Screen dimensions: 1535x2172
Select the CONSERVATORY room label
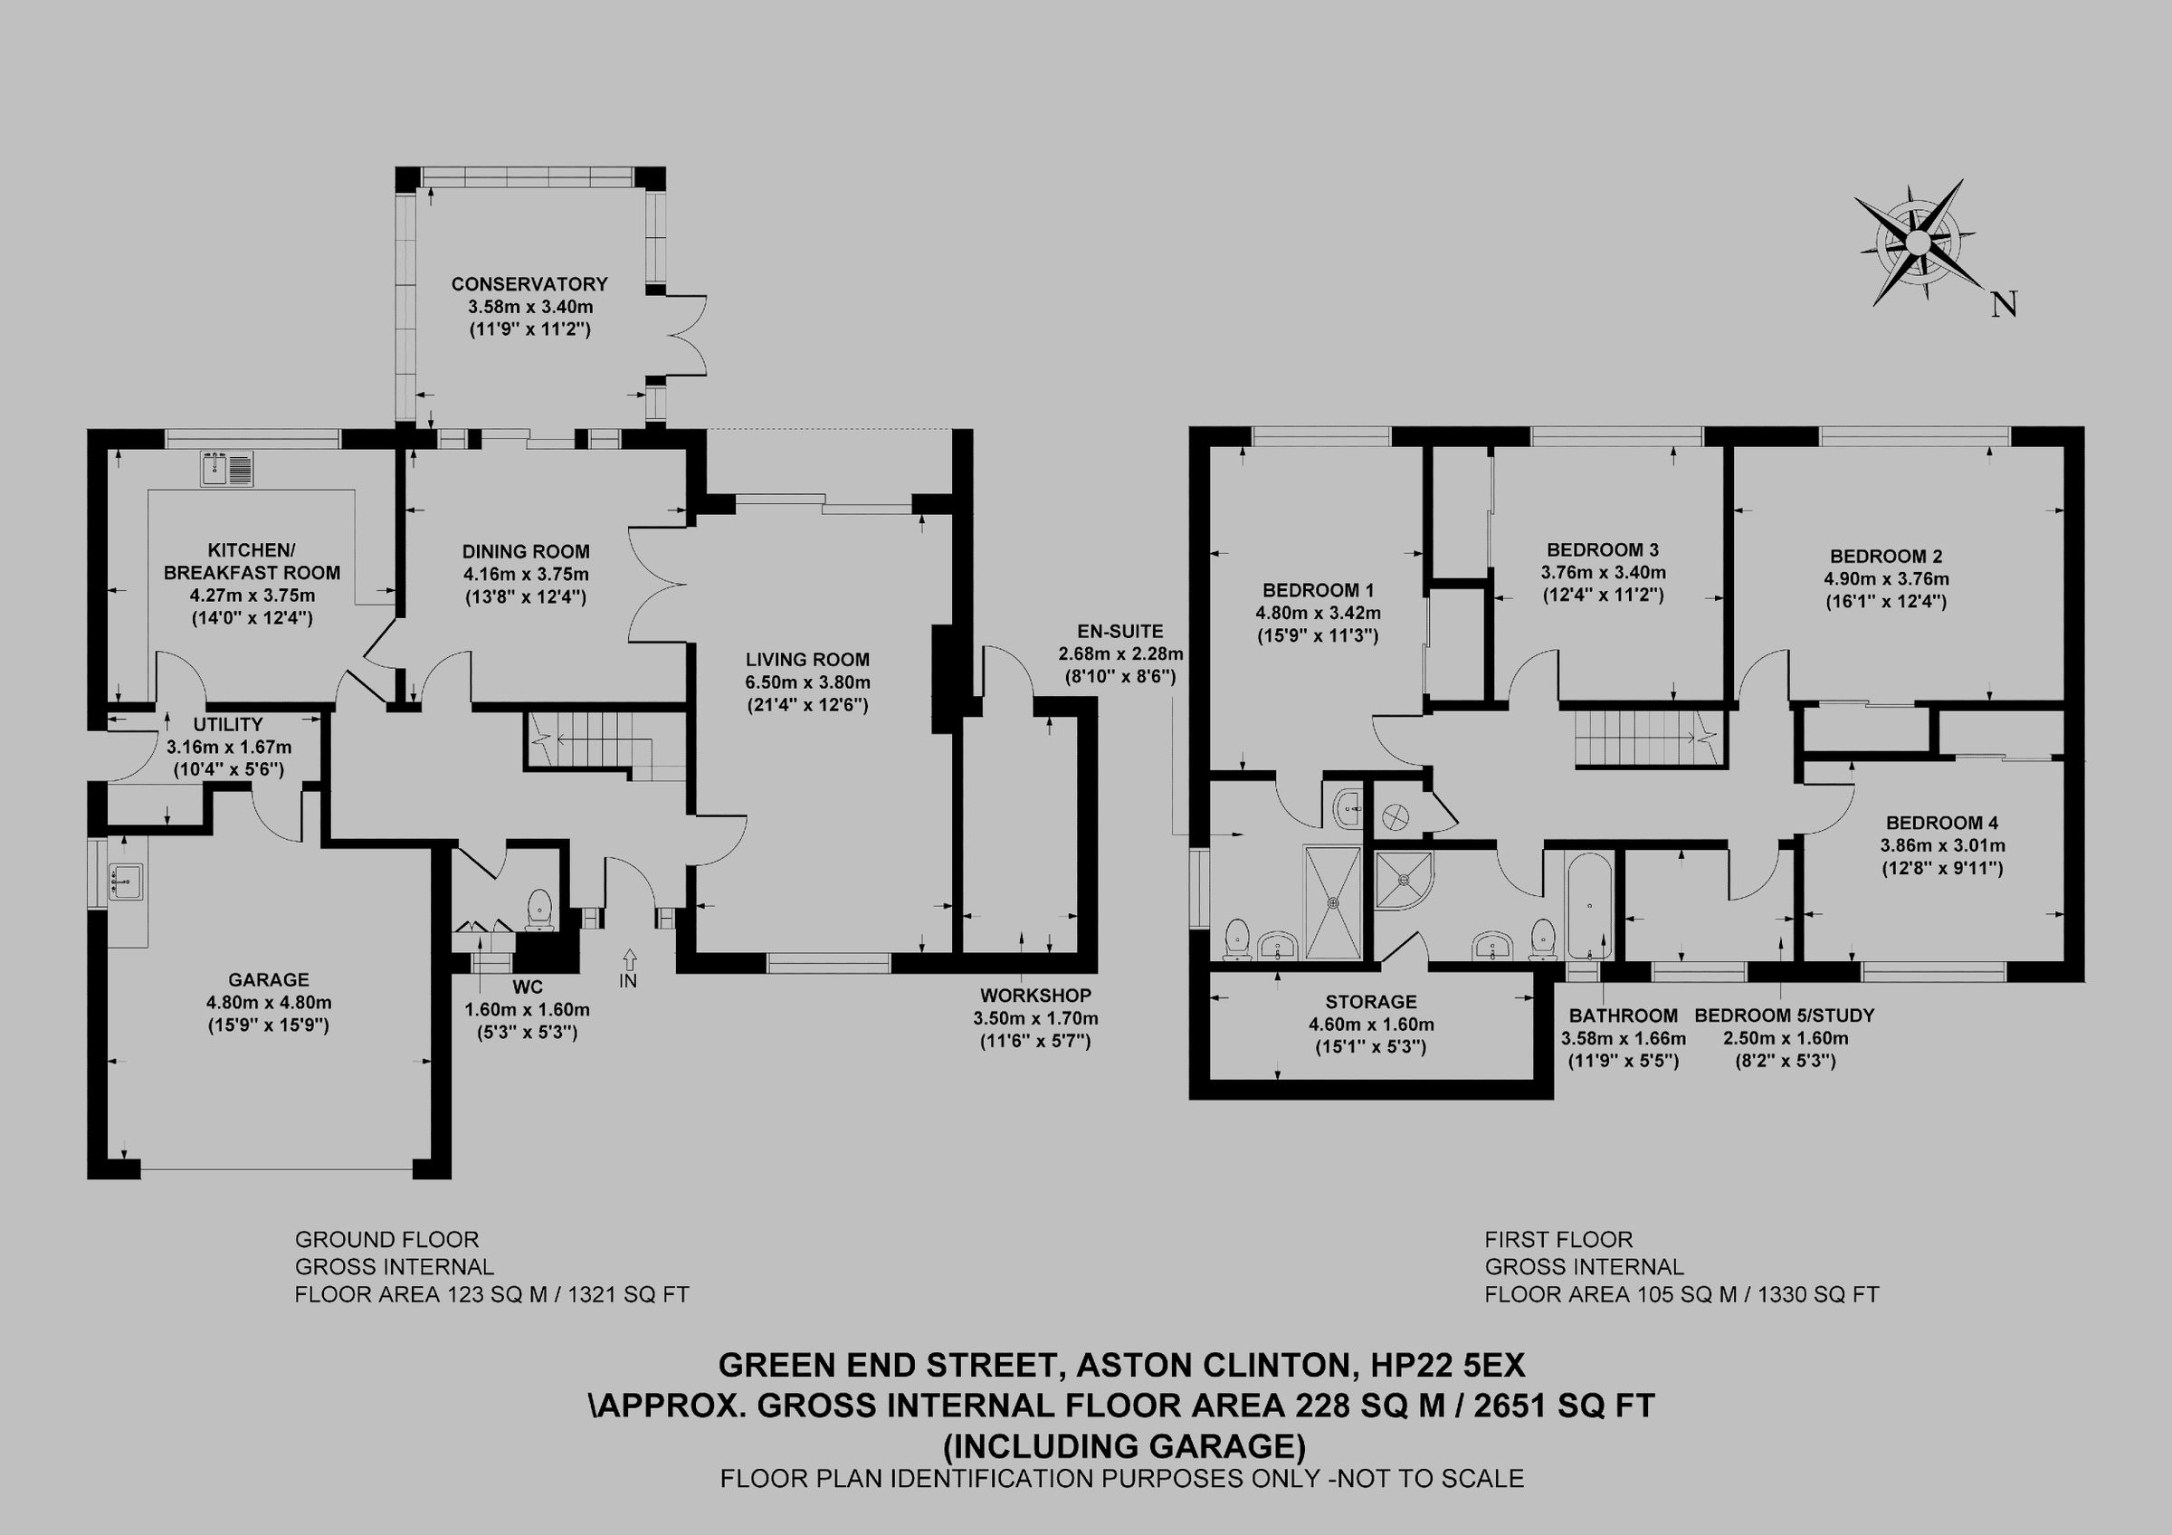click(x=529, y=283)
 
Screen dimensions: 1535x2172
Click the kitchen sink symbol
click(x=227, y=469)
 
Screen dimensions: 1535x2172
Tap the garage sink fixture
click(x=125, y=880)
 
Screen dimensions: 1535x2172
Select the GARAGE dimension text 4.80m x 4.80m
click(x=269, y=1003)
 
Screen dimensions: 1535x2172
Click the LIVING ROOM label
click(x=807, y=659)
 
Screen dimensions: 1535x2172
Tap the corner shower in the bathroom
click(x=1403, y=879)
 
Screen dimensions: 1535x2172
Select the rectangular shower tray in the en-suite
click(x=1333, y=902)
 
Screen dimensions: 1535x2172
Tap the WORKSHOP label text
click(x=1035, y=995)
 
